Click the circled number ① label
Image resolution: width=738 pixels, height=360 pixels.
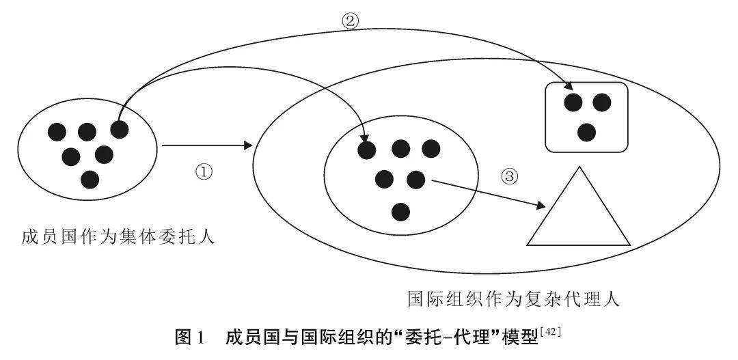click(204, 172)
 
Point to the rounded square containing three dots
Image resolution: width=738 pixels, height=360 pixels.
click(586, 117)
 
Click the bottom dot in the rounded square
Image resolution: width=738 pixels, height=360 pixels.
click(586, 133)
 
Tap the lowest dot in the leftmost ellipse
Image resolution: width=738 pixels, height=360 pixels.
click(90, 179)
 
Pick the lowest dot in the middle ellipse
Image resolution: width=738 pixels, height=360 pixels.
click(400, 212)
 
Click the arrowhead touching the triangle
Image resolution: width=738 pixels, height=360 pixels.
click(541, 206)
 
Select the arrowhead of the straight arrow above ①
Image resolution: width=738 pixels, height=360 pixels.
click(248, 146)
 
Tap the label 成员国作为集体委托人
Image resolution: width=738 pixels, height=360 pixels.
click(118, 236)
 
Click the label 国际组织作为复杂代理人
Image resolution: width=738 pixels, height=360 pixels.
click(514, 299)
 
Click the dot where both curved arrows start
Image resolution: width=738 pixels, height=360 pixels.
click(119, 129)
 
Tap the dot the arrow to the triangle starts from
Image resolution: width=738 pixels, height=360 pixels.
click(415, 179)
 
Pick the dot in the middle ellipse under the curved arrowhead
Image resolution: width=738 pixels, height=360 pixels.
click(367, 150)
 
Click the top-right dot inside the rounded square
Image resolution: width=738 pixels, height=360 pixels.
click(601, 102)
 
